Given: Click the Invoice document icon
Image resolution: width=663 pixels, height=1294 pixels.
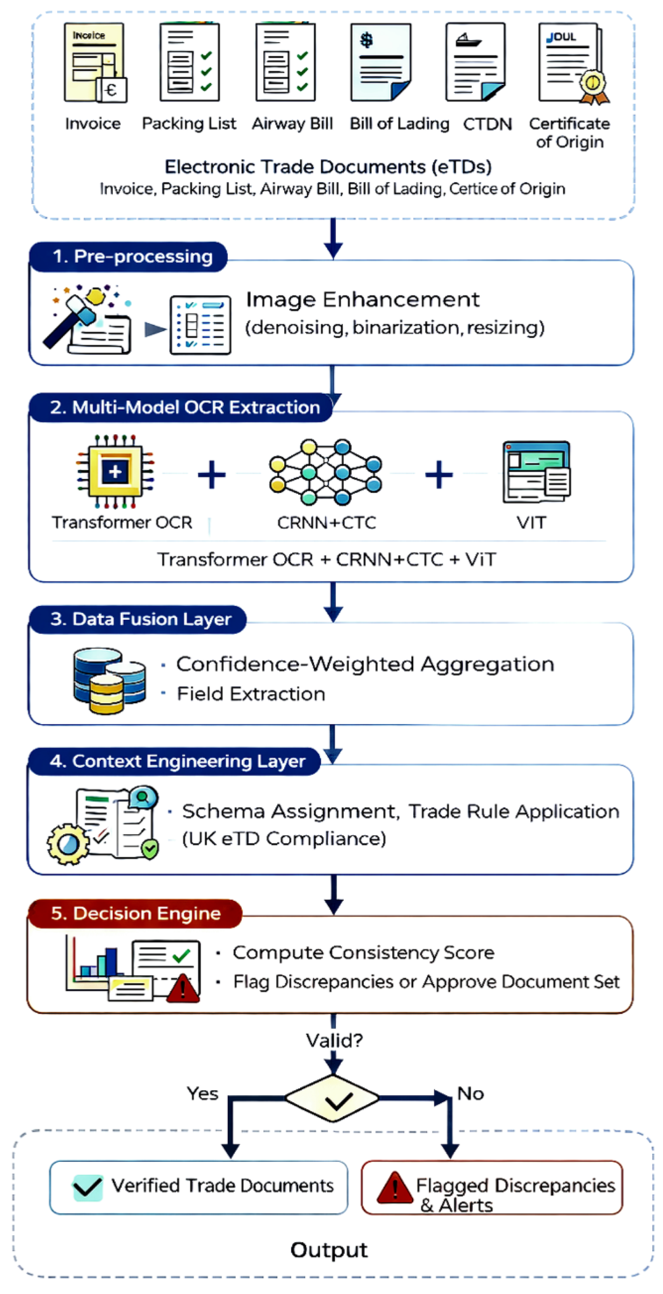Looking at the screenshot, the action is (x=95, y=62).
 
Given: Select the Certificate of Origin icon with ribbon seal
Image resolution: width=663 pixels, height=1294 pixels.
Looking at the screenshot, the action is (x=574, y=63).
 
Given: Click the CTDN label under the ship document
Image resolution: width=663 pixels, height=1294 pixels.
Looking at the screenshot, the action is (x=487, y=124).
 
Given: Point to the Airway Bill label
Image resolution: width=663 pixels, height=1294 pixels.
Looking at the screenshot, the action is (x=292, y=124).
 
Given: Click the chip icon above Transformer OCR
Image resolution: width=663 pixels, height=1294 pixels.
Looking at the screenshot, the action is (x=115, y=471).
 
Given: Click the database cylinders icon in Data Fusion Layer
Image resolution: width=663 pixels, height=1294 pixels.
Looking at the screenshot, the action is (x=110, y=680).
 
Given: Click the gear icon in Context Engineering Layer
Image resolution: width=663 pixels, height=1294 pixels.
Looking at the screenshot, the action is (x=68, y=844).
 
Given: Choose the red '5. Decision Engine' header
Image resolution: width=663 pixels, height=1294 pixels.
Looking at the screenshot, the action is (x=135, y=913).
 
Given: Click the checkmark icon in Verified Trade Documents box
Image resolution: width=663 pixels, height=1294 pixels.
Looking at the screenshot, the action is (x=88, y=1187).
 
